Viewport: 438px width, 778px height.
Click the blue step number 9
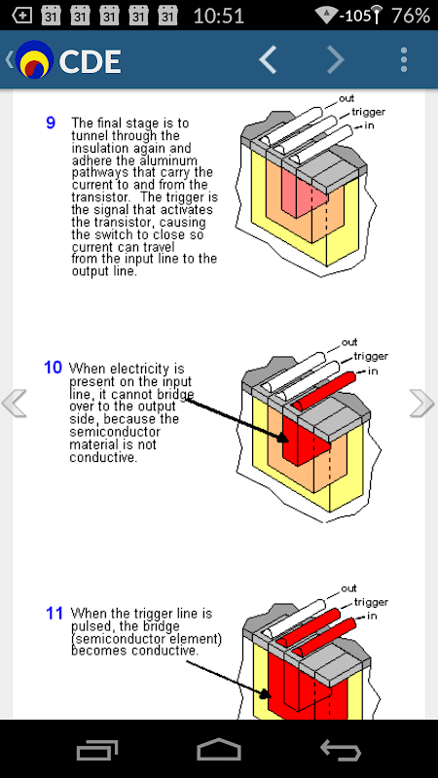pos(51,123)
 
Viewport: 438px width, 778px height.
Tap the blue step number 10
pos(53,368)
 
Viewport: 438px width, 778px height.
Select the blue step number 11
pos(55,614)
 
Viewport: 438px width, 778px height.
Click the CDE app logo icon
pos(34,59)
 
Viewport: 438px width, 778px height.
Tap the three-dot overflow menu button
pos(404,60)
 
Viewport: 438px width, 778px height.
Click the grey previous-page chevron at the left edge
pos(15,403)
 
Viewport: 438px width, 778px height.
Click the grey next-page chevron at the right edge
pos(421,403)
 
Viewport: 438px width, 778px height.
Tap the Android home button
pos(219,749)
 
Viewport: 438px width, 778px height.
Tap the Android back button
pos(341,749)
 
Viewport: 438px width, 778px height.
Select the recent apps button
pos(97,750)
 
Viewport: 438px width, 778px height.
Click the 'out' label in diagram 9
pos(347,98)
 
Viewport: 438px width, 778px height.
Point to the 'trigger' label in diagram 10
pos(371,356)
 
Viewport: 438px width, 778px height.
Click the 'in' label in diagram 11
pos(372,616)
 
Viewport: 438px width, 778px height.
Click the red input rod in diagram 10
pos(324,391)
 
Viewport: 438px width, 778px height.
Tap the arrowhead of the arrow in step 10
pos(282,438)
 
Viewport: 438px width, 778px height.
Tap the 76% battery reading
pos(410,16)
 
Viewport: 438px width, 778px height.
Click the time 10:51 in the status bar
pos(218,16)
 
